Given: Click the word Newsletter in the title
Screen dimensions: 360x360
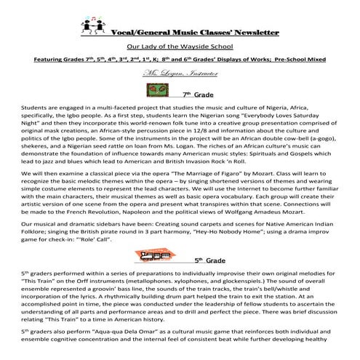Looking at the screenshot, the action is pyautogui.click(x=255, y=33).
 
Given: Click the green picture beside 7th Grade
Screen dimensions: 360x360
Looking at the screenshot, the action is pyautogui.click(x=164, y=90).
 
